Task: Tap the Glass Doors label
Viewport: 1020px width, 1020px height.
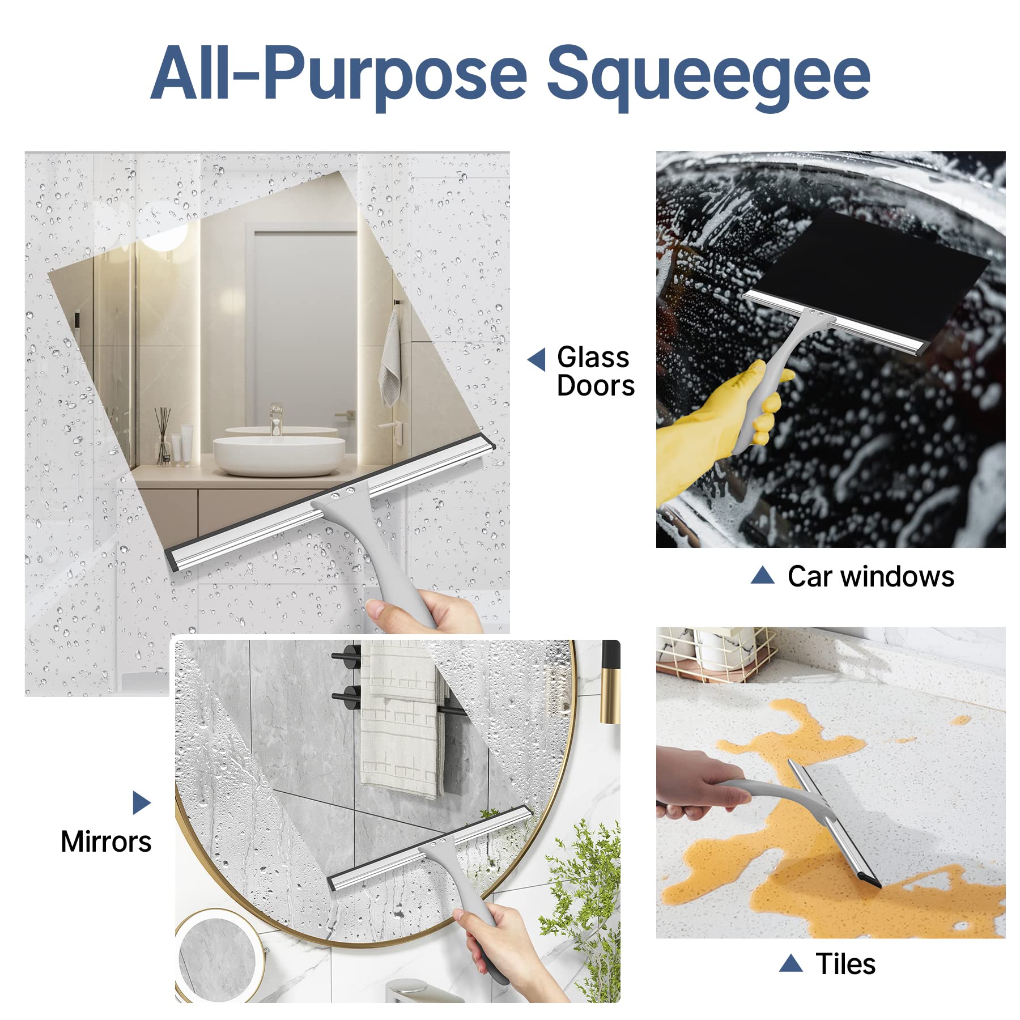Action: pos(595,371)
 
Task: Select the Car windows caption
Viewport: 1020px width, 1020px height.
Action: pos(870,576)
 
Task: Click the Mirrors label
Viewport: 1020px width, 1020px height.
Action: pos(106,841)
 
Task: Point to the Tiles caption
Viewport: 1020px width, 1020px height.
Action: pos(845,963)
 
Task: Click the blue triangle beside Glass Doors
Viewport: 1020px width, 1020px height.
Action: pos(537,359)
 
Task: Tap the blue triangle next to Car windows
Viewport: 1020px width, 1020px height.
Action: pos(762,576)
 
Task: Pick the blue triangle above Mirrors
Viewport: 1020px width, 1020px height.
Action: pos(141,802)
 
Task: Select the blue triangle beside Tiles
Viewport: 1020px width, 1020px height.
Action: pos(790,963)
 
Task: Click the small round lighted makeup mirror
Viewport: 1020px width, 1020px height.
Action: pos(218,958)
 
